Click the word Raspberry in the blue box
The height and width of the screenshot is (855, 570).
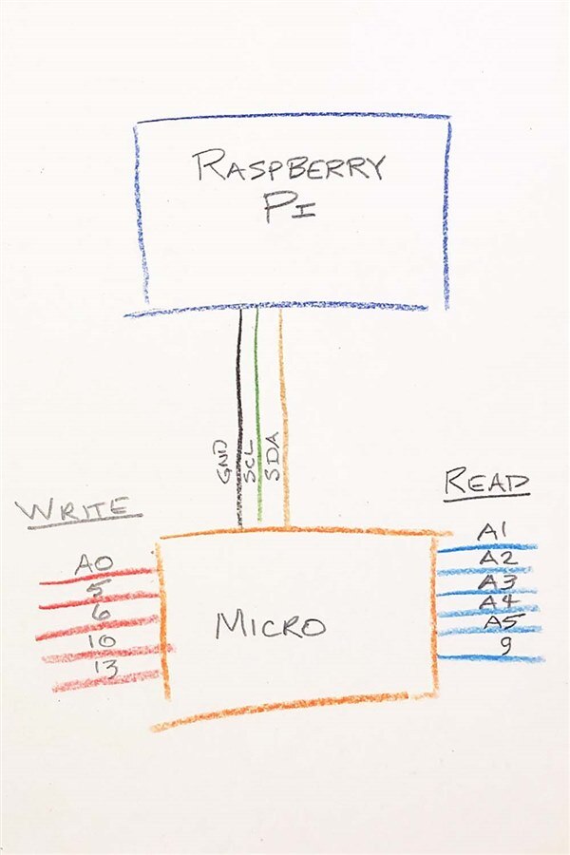pos(290,167)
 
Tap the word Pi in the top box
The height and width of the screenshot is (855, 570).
pos(290,208)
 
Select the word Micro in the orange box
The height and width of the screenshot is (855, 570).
pos(270,624)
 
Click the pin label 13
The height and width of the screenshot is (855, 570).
pos(105,670)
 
